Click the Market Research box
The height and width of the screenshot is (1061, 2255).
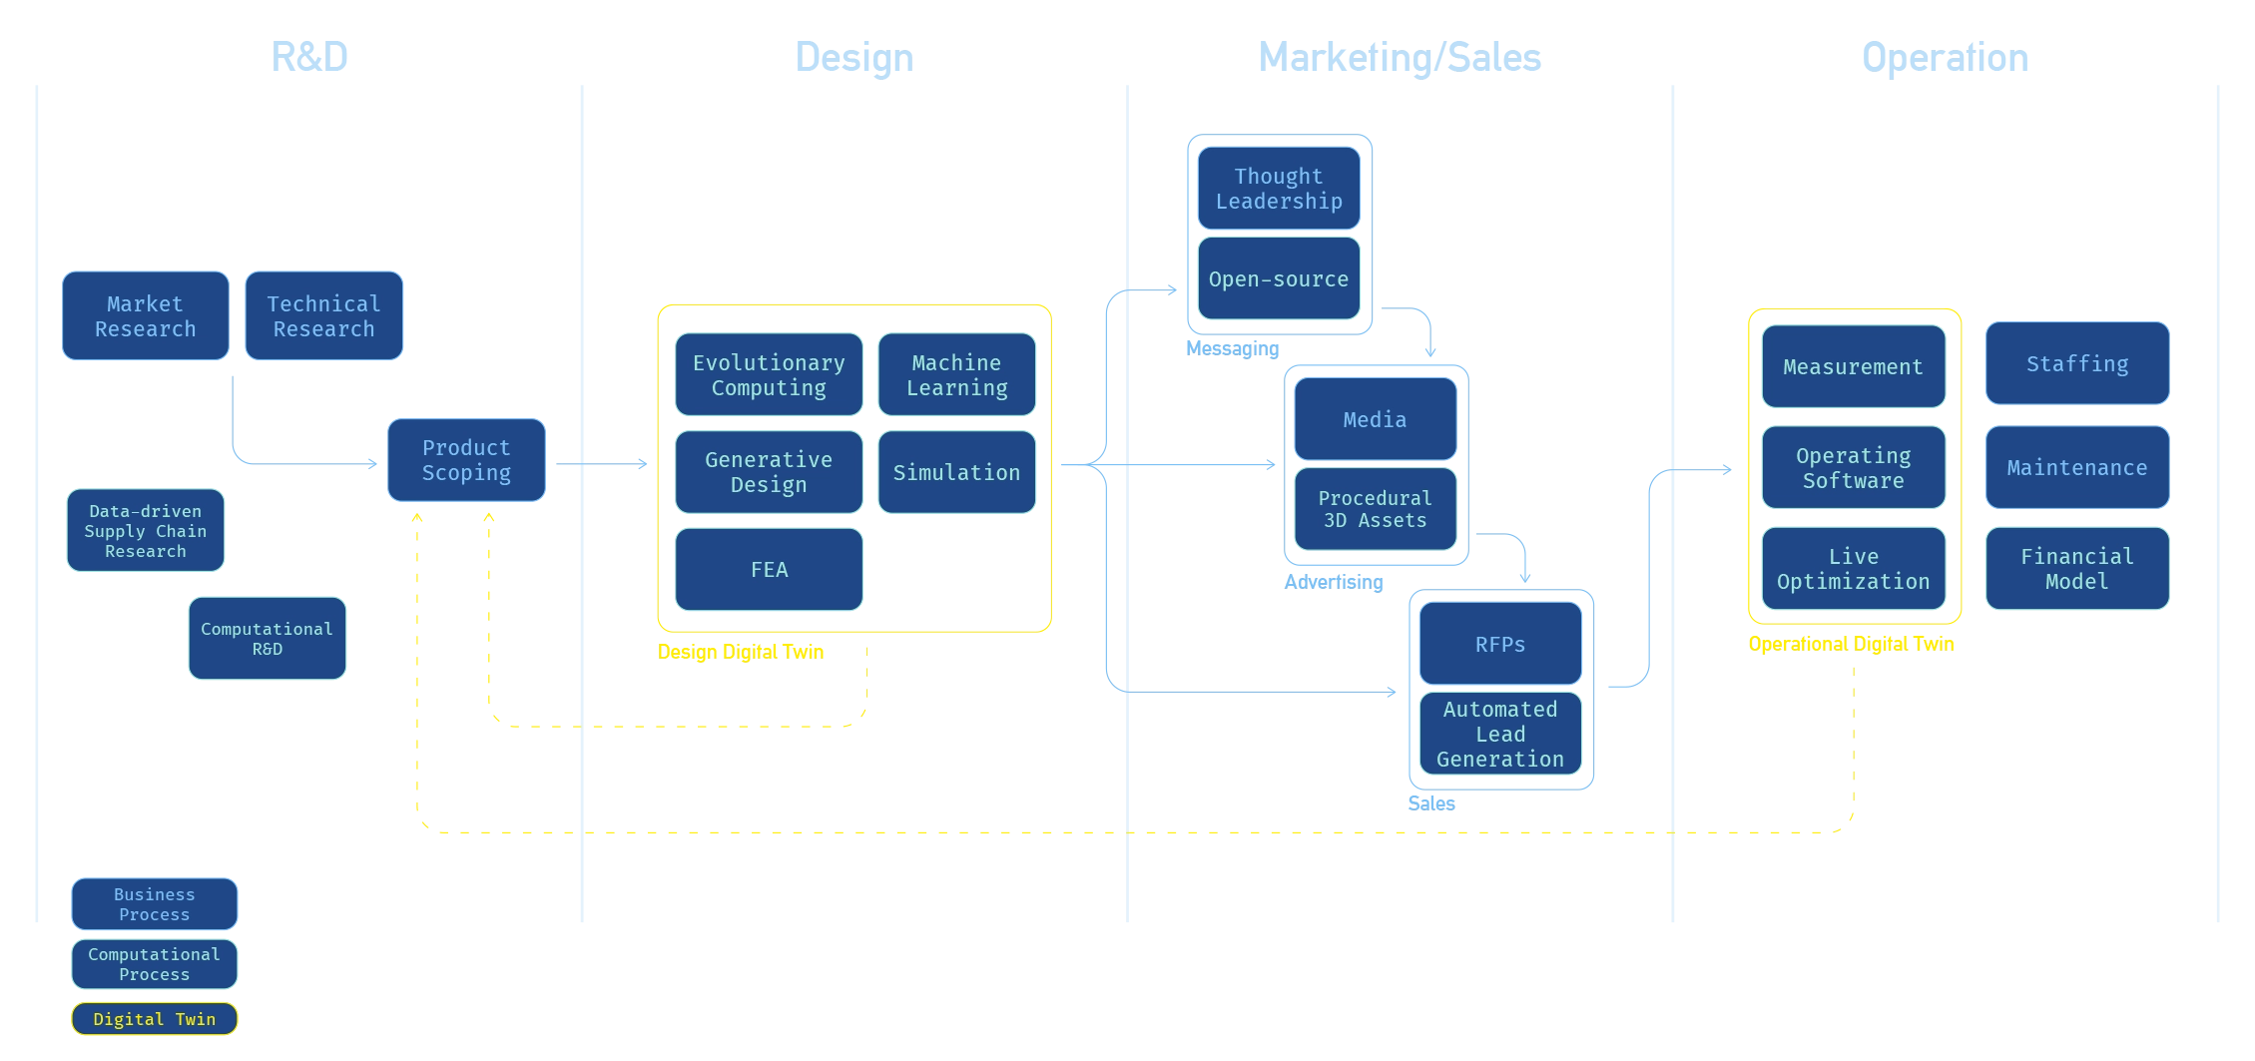click(146, 315)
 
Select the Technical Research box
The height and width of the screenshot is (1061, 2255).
click(324, 315)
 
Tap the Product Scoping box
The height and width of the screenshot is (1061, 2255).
click(466, 460)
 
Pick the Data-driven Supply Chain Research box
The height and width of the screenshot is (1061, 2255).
click(146, 530)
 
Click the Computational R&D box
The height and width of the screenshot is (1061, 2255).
click(268, 638)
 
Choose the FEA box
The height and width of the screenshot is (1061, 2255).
click(769, 569)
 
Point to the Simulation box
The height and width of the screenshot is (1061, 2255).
click(956, 472)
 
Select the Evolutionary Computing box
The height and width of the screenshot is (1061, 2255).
click(769, 374)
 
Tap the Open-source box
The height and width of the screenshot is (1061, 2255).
click(1279, 278)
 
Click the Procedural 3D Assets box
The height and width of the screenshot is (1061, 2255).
click(1376, 509)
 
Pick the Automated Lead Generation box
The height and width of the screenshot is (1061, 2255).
click(1500, 734)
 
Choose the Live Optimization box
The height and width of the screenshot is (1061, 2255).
click(1854, 569)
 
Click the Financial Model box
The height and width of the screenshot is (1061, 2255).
click(2077, 569)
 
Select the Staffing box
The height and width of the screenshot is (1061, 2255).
click(2077, 363)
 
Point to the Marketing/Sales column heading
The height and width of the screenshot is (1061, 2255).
click(1400, 58)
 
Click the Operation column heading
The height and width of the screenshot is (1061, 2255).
click(1946, 58)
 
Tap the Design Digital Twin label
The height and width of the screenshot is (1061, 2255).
click(741, 652)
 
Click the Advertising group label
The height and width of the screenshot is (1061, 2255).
click(1334, 582)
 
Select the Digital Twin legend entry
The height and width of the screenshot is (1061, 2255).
click(155, 1019)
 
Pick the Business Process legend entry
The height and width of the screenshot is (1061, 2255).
click(155, 904)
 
